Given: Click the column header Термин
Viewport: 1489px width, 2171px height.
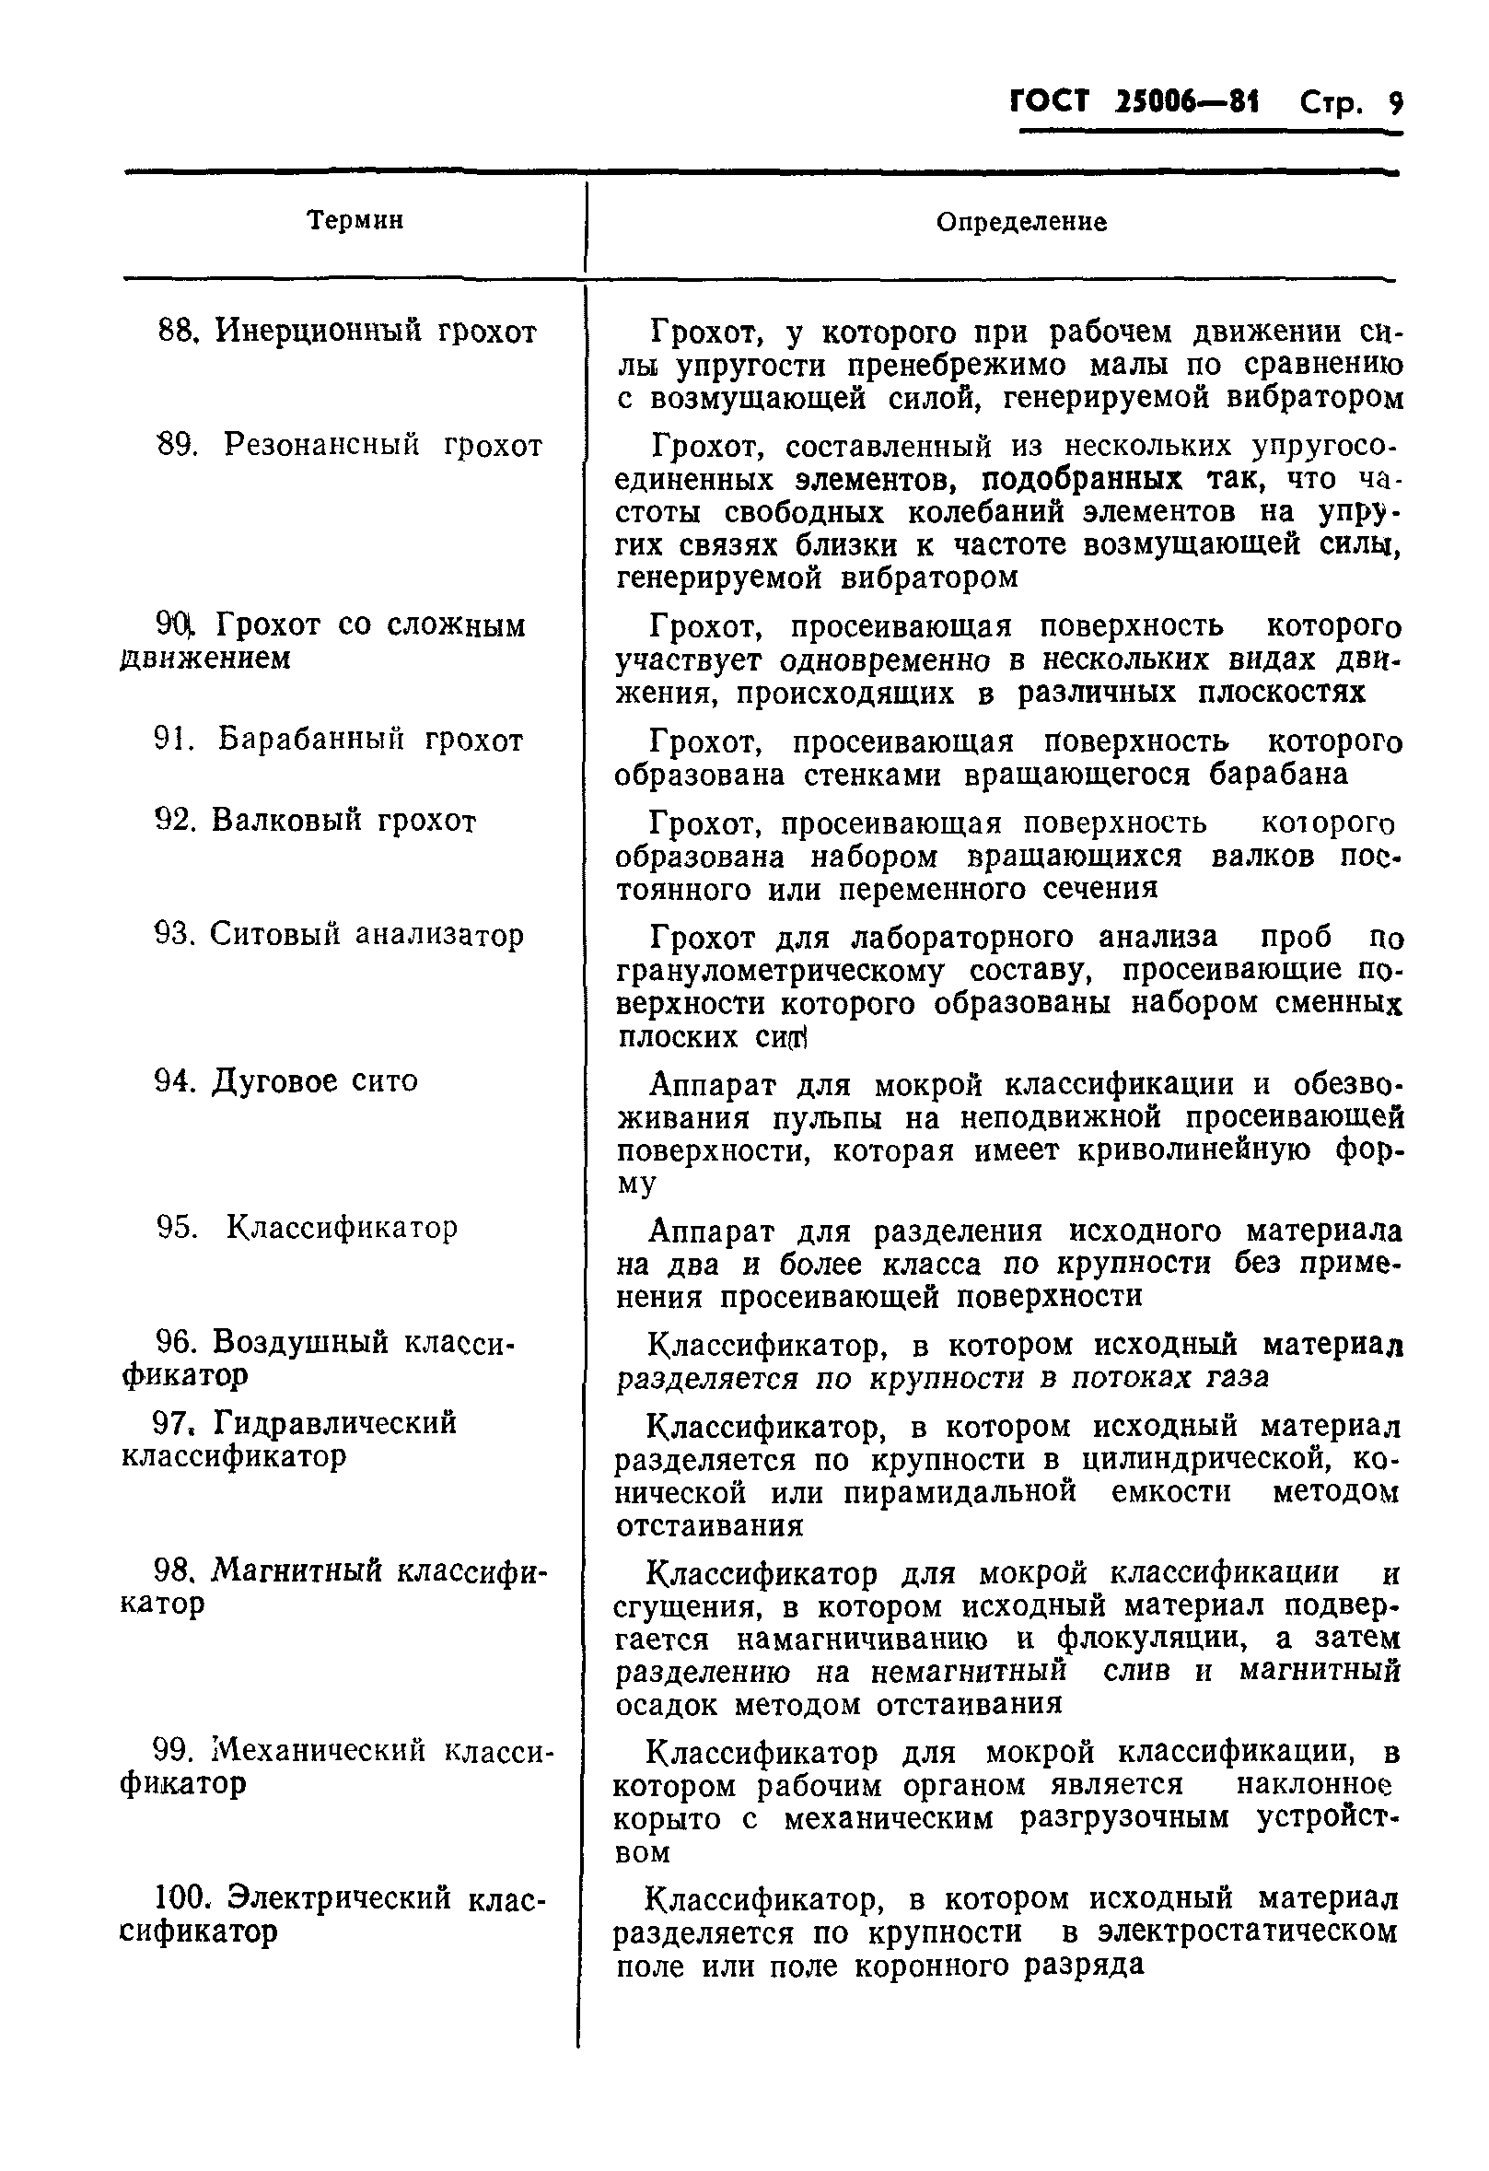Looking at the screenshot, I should (x=355, y=220).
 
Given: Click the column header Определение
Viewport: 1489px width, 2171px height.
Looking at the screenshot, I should (x=1021, y=222).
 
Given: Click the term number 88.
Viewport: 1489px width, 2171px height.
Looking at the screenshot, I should (x=175, y=331).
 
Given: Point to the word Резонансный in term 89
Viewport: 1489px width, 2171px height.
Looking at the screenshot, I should (x=321, y=445).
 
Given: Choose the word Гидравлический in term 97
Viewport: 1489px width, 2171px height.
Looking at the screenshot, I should (x=335, y=1423).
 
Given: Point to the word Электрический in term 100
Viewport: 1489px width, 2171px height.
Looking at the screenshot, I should (x=339, y=1898).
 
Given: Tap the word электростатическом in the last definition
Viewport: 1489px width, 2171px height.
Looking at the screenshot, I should (x=1249, y=1932).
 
